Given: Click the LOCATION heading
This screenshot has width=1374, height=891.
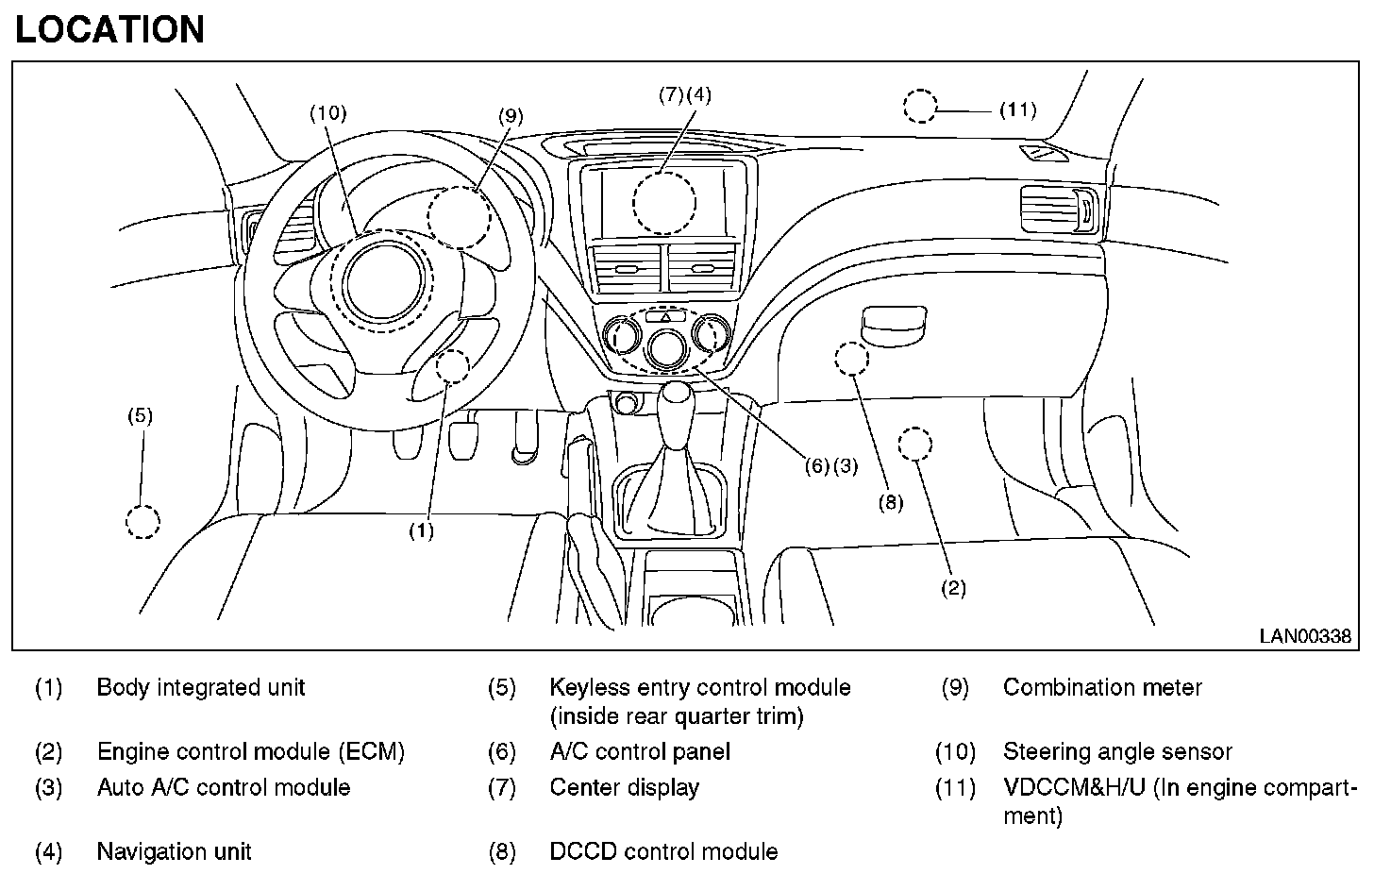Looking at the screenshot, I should [x=109, y=30].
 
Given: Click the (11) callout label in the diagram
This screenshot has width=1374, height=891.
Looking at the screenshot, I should [x=1017, y=110].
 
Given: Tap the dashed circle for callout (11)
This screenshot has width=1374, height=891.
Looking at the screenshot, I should [x=920, y=107].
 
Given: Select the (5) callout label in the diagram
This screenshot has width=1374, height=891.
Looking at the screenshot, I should [x=140, y=415].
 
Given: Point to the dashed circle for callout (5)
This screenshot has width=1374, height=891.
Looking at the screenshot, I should [x=142, y=522].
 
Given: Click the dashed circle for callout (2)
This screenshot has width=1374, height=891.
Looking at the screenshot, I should [x=914, y=444].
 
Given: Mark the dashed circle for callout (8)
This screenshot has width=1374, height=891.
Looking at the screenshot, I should [x=851, y=359].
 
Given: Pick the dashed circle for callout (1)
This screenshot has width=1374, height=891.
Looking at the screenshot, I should [x=454, y=365].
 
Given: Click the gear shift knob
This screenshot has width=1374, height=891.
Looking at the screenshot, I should [x=676, y=404].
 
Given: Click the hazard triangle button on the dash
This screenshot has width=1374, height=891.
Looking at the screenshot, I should [x=665, y=318].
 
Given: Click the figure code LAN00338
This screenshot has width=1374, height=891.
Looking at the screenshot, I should [x=1304, y=637].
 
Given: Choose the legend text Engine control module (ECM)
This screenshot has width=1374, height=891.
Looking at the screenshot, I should [x=250, y=752].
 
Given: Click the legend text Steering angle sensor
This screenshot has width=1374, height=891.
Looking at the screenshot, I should [x=1117, y=752].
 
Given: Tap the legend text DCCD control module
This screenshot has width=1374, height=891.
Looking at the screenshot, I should [x=663, y=852].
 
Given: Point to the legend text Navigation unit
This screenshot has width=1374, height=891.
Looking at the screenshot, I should [x=174, y=852].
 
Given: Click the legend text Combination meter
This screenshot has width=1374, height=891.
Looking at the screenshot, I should [x=1102, y=688].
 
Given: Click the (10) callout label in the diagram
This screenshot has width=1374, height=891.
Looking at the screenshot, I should [x=328, y=113].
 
